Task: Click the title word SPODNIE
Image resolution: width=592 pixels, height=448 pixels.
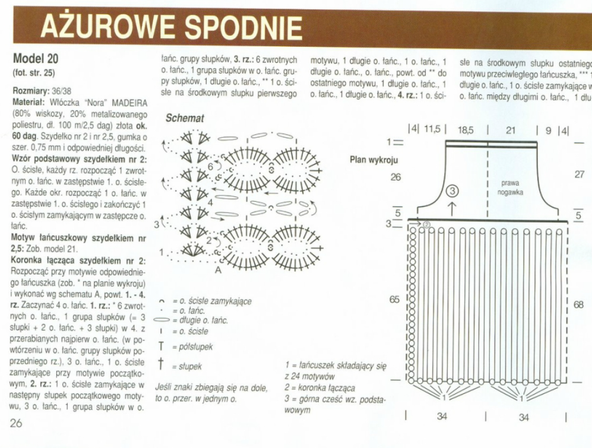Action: pos(243,27)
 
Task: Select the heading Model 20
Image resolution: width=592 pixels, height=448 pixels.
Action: pos(36,59)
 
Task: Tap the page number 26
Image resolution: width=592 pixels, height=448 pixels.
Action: pos(16,423)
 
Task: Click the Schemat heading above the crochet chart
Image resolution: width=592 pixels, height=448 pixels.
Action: pos(185,118)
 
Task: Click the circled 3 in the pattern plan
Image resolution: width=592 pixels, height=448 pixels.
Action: pos(452,191)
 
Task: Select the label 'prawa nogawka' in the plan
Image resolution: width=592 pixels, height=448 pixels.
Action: pos(509,188)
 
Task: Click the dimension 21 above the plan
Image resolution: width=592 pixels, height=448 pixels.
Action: pos(511,129)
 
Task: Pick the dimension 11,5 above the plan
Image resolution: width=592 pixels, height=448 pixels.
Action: pos(432,129)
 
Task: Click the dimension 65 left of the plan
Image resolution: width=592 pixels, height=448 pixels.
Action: pos(394,300)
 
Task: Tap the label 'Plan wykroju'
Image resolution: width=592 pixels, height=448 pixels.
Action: pos(374,160)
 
